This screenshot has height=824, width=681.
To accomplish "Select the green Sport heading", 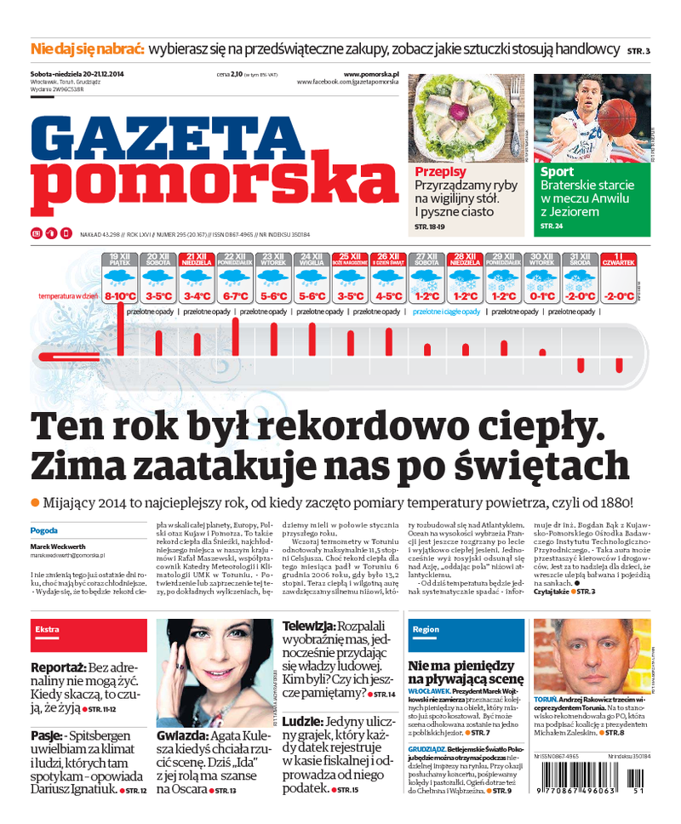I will coord(557,172).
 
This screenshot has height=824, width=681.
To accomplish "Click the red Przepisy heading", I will coord(440,172).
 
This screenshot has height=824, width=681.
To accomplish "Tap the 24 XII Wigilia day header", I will coord(311,259).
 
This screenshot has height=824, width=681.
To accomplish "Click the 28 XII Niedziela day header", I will coord(465,259).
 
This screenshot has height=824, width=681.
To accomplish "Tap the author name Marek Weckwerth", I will coord(61,546).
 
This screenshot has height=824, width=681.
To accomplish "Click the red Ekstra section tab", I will coord(48,629).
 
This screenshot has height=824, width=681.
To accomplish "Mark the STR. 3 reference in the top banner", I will coord(638,52).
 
